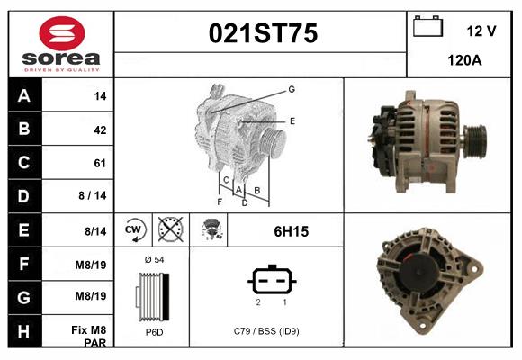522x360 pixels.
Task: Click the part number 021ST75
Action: [x=263, y=33]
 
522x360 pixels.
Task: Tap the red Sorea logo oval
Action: [x=62, y=33]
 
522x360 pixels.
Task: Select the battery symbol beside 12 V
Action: [x=427, y=26]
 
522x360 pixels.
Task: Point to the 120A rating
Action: [x=464, y=60]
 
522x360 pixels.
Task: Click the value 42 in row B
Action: [x=100, y=130]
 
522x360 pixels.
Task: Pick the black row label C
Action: [x=24, y=163]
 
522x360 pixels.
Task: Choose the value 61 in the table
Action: [x=100, y=163]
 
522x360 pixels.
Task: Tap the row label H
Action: [x=24, y=331]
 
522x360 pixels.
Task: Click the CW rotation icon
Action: [x=134, y=230]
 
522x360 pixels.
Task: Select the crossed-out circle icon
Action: [x=171, y=229]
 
